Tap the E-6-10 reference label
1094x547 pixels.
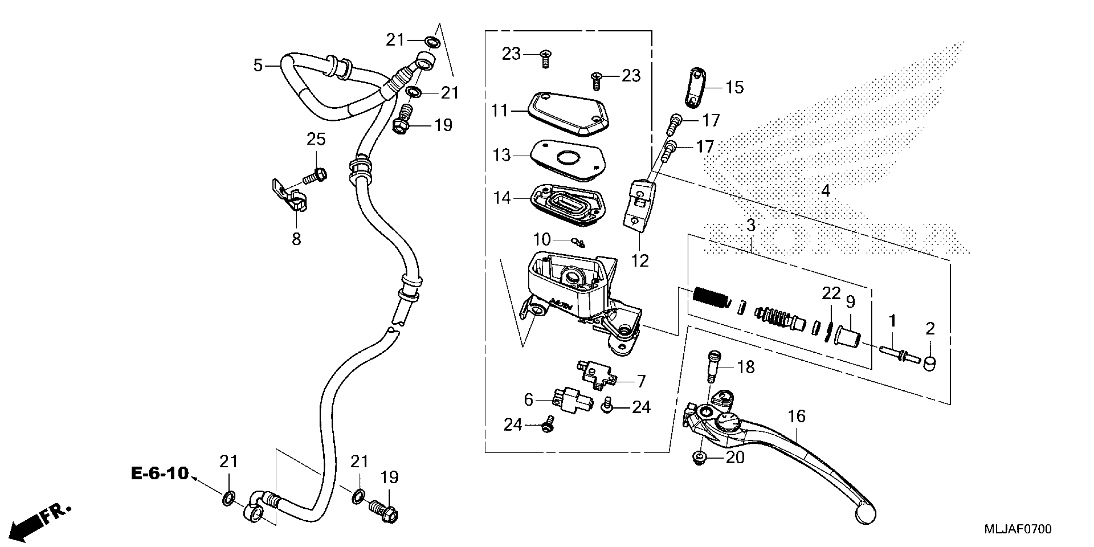pyautogui.click(x=160, y=473)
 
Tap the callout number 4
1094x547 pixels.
pyautogui.click(x=825, y=191)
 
